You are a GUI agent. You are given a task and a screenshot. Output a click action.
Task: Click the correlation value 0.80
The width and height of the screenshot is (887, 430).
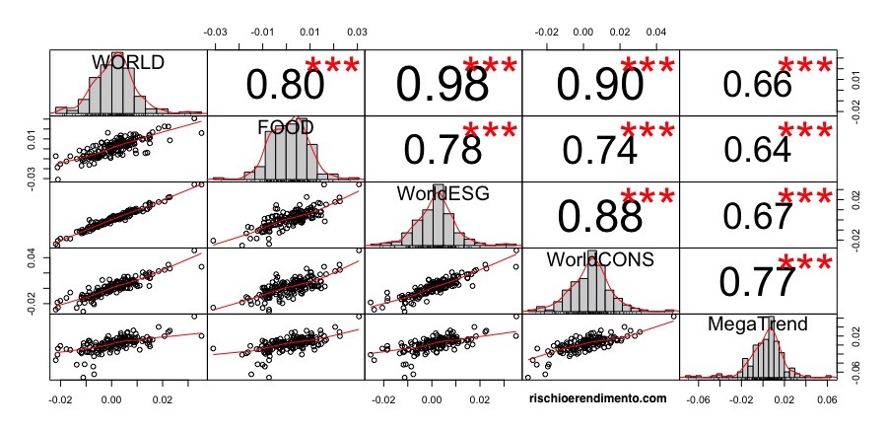[x=285, y=86]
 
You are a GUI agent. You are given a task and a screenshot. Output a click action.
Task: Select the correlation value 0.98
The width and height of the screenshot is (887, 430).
[x=443, y=85]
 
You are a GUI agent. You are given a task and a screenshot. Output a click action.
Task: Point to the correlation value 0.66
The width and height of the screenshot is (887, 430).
[x=757, y=85]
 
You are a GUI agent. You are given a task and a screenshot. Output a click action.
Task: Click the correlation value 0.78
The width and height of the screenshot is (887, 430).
[x=443, y=148]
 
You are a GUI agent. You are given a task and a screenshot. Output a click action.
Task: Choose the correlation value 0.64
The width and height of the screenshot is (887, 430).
[x=757, y=148]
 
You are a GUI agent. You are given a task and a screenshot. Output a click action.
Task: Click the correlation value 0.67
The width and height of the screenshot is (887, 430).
[x=757, y=215]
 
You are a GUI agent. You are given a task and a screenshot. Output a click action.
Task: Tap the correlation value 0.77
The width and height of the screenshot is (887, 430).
[x=757, y=281]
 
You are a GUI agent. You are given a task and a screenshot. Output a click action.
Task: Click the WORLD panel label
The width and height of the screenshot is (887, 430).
[x=128, y=62]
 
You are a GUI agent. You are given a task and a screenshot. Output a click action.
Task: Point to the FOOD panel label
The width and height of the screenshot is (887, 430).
[x=286, y=128]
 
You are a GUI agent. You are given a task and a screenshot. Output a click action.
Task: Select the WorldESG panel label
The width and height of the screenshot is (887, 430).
[x=443, y=194]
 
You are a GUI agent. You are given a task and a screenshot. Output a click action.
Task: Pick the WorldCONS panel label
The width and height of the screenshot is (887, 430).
[x=600, y=259]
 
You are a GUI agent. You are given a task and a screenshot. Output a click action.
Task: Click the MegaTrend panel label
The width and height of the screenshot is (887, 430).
[x=758, y=323]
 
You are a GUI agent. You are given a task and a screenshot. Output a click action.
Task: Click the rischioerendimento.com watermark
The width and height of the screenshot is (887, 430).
[x=599, y=398]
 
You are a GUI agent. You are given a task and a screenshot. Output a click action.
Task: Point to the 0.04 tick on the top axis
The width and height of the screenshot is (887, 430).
[x=656, y=33]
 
